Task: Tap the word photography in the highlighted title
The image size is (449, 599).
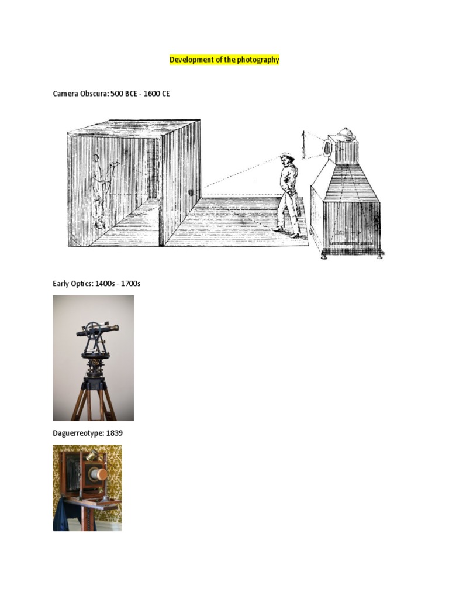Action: [258, 60]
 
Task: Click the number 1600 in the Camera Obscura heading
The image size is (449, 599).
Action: [151, 94]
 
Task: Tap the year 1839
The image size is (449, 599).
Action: [114, 433]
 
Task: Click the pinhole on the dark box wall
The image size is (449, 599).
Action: [191, 191]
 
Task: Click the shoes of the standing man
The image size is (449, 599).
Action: [287, 232]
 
